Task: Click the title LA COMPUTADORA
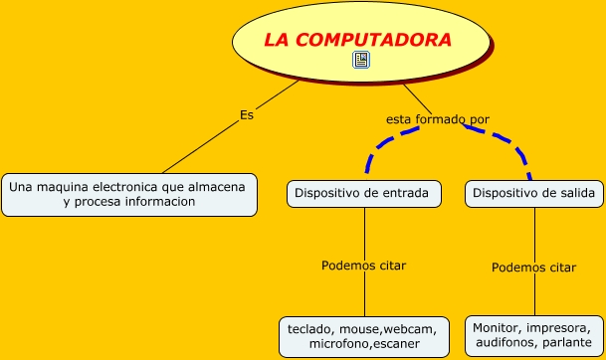pyautogui.click(x=357, y=40)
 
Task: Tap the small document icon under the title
pyautogui.click(x=361, y=61)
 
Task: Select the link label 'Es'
pyautogui.click(x=247, y=114)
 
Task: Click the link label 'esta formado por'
pyautogui.click(x=438, y=119)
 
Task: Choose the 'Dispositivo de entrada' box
pyautogui.click(x=364, y=193)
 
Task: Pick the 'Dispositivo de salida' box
pyautogui.click(x=533, y=193)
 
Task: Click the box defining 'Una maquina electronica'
pyautogui.click(x=128, y=194)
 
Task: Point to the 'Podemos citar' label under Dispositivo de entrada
pyautogui.click(x=363, y=266)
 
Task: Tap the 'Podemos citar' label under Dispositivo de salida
pyautogui.click(x=534, y=267)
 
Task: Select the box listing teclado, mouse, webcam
pyautogui.click(x=364, y=336)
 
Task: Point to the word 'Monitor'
pyautogui.click(x=498, y=326)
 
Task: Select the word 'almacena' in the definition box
pyautogui.click(x=220, y=186)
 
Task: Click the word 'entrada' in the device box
pyautogui.click(x=403, y=193)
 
